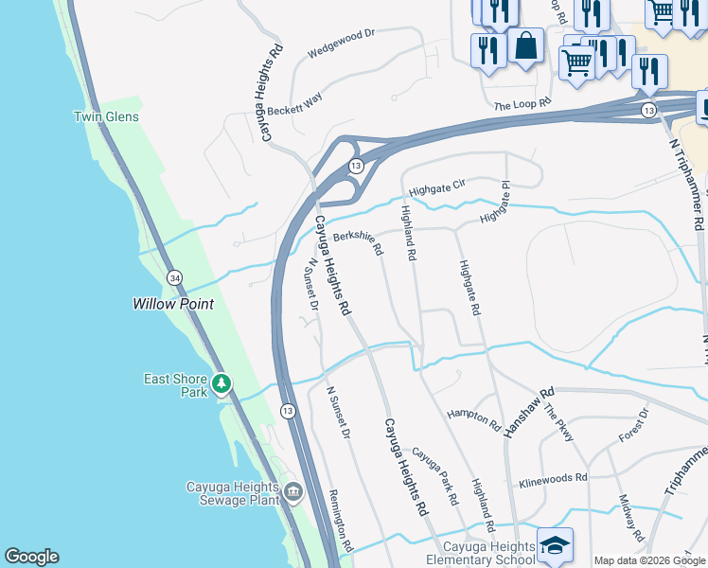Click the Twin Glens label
click(106, 116)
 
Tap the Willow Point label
click(172, 304)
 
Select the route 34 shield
click(174, 277)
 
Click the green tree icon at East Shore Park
click(221, 383)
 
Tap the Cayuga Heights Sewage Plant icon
click(293, 491)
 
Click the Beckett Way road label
click(293, 104)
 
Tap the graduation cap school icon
click(554, 544)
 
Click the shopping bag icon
click(525, 44)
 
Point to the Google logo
click(31, 557)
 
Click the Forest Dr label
click(634, 424)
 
